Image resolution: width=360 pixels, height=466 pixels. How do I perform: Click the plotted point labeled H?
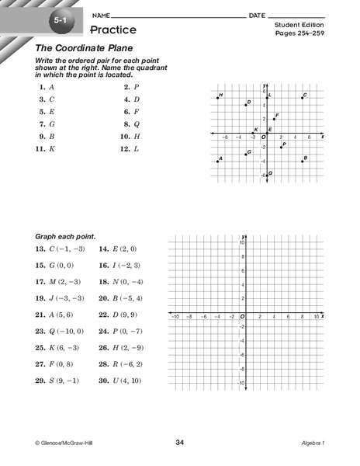[x=218, y=97]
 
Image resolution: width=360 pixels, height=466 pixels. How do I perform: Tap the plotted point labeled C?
[x=303, y=97]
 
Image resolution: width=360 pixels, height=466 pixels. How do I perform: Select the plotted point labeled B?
[x=303, y=161]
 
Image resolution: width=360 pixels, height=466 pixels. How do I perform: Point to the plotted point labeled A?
[x=218, y=161]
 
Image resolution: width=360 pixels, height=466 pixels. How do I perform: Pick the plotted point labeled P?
[x=281, y=147]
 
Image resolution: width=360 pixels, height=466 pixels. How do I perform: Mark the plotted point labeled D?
[x=246, y=104]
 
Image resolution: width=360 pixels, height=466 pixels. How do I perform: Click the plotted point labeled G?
[x=246, y=154]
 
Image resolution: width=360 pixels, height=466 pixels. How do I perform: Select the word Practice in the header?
[x=113, y=30]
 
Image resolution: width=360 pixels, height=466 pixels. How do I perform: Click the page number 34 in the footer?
[x=180, y=443]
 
